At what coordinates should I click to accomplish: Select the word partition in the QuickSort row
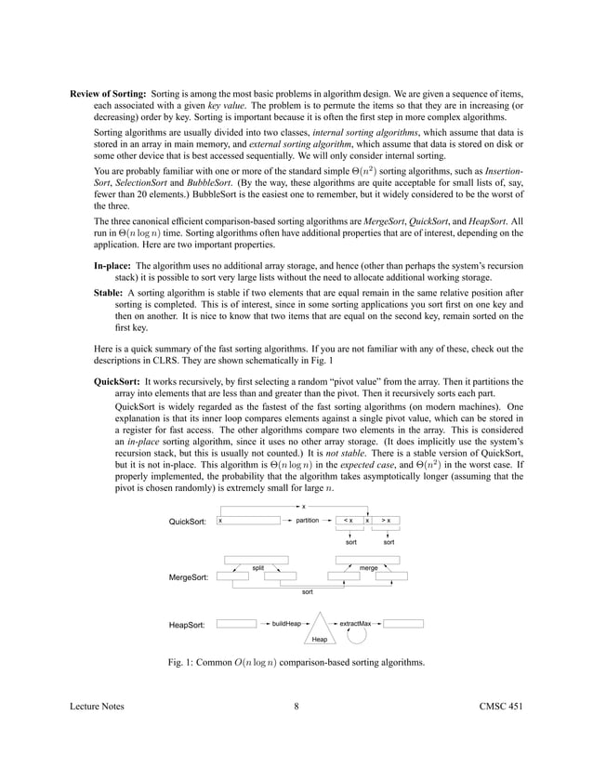click(x=307, y=521)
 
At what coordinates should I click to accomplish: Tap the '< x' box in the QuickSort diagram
click(x=348, y=521)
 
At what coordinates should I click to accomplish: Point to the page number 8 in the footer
click(x=296, y=734)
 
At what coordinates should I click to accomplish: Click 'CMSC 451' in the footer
click(x=498, y=734)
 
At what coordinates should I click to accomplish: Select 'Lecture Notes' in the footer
click(x=98, y=734)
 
